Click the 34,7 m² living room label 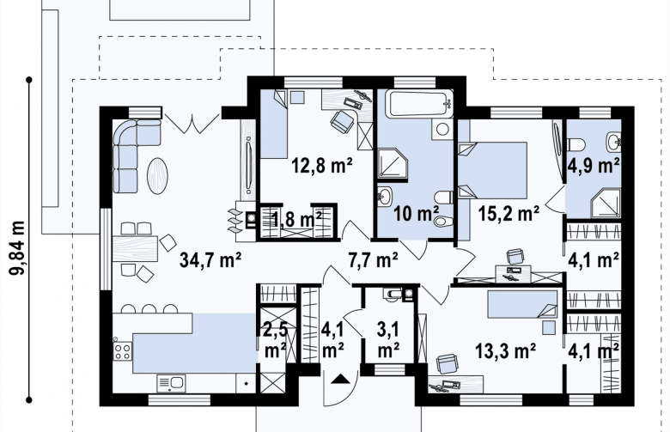(210, 259)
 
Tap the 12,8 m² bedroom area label (322, 165)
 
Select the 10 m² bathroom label (417, 213)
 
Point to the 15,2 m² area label (509, 212)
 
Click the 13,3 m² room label (506, 351)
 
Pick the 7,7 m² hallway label (374, 259)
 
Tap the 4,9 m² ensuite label (594, 166)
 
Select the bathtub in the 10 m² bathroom (419, 103)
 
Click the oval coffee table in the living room (158, 176)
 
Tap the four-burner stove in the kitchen (123, 351)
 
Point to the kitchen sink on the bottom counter (171, 383)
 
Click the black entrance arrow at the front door (340, 378)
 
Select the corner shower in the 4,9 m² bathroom (606, 203)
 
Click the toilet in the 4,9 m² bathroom (576, 144)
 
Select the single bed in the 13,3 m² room (522, 305)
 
